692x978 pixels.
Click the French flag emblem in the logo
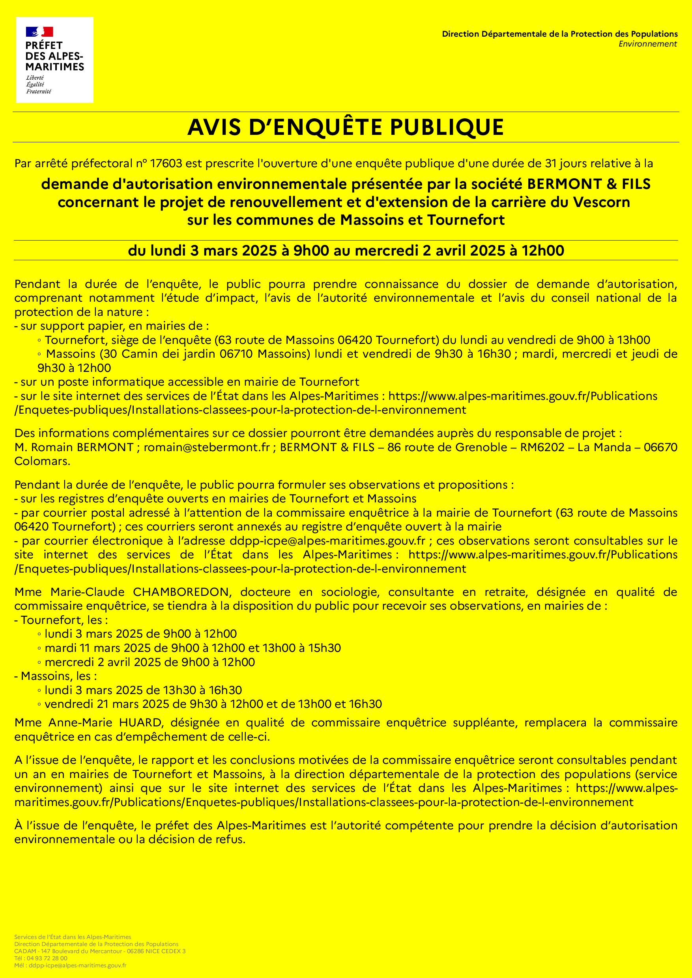(x=39, y=32)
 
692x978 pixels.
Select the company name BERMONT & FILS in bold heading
(x=589, y=184)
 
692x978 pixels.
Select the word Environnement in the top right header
(x=648, y=44)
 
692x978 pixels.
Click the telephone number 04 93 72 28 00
(x=47, y=959)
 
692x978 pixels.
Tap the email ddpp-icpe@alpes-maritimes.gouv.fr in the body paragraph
(x=328, y=541)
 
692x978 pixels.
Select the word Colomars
(x=42, y=461)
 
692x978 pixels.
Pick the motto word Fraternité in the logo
(x=39, y=91)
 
